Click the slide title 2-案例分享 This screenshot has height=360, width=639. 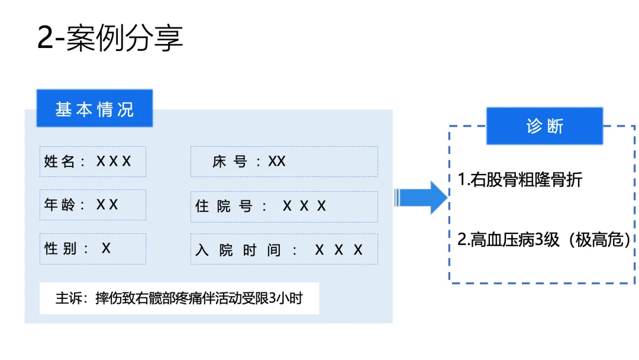110,38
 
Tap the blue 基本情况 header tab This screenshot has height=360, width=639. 95,108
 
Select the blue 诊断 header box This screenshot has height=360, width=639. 544,126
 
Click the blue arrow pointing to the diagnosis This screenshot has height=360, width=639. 421,197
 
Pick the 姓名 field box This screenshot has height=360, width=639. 92,162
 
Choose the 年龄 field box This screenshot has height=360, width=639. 92,205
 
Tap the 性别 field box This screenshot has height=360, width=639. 92,249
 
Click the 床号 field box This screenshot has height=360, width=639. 284,162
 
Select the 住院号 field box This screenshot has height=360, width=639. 284,206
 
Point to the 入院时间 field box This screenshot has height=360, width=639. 284,249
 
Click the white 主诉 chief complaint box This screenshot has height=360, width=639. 179,298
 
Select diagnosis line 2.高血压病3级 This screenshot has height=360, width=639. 509,240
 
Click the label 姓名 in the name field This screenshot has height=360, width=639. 59,162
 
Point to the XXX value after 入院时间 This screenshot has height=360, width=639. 338,250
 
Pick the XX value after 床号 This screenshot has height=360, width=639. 277,162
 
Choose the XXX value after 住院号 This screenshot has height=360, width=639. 304,206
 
